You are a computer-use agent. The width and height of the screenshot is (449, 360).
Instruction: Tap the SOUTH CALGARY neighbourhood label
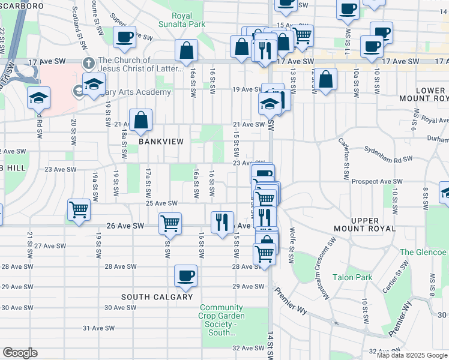pos(157,297)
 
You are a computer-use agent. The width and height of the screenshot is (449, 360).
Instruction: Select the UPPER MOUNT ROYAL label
pos(364,224)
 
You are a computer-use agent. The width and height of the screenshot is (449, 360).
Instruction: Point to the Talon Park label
pos(352,277)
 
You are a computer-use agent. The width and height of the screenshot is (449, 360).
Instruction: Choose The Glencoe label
pos(423,252)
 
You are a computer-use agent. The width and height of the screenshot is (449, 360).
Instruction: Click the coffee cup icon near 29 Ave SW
pos(185,275)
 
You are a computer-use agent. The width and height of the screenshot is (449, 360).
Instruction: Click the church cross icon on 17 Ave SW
pos(88,62)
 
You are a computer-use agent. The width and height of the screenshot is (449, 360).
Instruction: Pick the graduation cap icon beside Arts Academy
pos(94,84)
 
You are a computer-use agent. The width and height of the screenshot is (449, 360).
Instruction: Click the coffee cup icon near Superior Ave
pos(124,37)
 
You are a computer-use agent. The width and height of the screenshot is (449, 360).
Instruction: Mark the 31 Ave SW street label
pos(98,328)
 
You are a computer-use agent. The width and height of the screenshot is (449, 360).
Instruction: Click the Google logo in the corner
pos(20,353)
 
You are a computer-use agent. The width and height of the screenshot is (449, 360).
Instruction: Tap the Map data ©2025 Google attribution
pos(412,355)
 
